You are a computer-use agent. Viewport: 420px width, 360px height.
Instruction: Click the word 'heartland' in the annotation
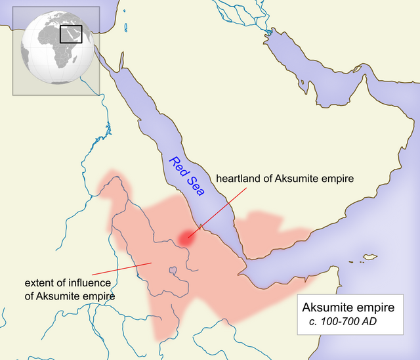(238, 179)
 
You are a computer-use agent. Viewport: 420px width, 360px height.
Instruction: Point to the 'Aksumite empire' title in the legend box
(348, 308)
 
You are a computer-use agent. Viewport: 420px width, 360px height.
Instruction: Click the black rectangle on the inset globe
(71, 34)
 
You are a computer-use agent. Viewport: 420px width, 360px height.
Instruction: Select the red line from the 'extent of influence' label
(121, 268)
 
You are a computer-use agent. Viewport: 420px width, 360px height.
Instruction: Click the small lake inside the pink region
(173, 270)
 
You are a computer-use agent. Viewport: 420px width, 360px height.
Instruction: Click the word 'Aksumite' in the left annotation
(57, 296)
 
